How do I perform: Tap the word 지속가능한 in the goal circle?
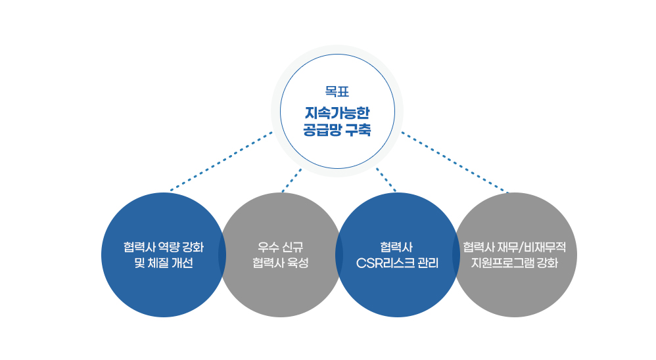pyautogui.click(x=337, y=112)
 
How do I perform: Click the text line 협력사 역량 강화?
pyautogui.click(x=164, y=248)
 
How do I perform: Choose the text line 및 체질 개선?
pyautogui.click(x=164, y=263)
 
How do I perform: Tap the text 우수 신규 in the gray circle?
pyautogui.click(x=280, y=248)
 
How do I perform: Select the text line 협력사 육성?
pyautogui.click(x=280, y=263)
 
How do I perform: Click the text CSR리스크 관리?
pyautogui.click(x=397, y=263)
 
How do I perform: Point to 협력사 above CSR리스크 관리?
pyautogui.click(x=397, y=248)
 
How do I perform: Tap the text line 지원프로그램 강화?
pyautogui.click(x=515, y=263)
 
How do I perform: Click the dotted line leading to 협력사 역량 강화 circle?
pyautogui.click(x=221, y=162)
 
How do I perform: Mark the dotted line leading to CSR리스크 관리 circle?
pyautogui.click(x=386, y=179)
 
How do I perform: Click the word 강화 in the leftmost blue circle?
pyautogui.click(x=192, y=248)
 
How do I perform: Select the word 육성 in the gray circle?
pyautogui.click(x=297, y=263)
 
